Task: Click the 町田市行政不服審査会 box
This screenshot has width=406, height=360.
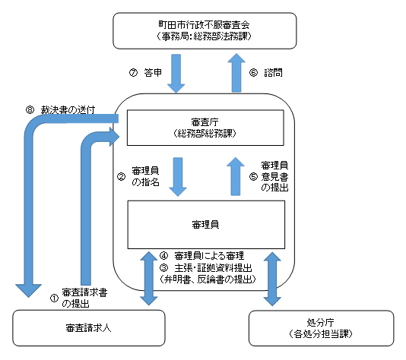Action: tap(205, 30)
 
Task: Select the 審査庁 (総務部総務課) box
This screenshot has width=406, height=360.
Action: tap(205, 128)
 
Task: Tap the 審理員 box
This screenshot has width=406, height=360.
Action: tap(206, 225)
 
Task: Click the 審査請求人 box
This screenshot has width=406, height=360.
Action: tap(89, 328)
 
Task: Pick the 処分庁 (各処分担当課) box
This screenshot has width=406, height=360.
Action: tap(321, 328)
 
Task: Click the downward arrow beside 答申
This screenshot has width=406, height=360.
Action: tap(176, 74)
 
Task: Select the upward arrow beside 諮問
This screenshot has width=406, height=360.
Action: tap(236, 73)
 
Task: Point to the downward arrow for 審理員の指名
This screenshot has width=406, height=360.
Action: tap(178, 177)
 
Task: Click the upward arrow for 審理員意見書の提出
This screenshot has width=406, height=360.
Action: tap(236, 176)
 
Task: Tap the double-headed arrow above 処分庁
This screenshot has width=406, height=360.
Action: tap(272, 279)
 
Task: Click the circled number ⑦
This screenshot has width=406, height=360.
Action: tap(133, 73)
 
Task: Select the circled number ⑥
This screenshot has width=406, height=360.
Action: tap(253, 73)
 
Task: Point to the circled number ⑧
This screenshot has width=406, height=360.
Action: tap(30, 110)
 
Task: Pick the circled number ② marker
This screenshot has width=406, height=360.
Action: tap(121, 177)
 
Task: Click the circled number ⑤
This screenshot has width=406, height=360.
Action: tap(253, 176)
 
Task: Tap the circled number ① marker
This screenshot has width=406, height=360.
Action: tap(54, 298)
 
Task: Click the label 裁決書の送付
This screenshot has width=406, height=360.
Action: tap(68, 110)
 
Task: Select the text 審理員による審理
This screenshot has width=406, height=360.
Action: tap(209, 256)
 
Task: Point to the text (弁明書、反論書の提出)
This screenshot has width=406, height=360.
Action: tap(208, 279)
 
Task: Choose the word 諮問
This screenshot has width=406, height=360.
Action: tap(273, 73)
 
